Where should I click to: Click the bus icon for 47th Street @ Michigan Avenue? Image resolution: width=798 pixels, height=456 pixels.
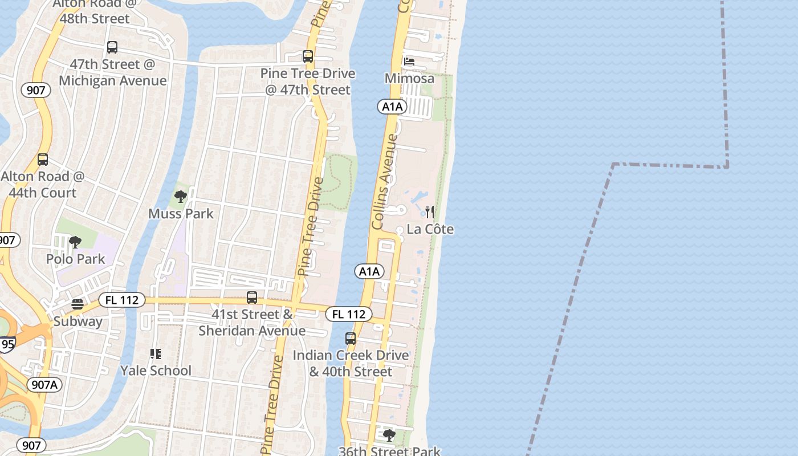click(112, 47)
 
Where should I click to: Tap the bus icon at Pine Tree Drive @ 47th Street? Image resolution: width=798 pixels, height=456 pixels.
click(308, 56)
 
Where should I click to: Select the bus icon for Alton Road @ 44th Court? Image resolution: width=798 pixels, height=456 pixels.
click(43, 160)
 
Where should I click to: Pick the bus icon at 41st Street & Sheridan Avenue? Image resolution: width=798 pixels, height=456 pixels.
click(251, 298)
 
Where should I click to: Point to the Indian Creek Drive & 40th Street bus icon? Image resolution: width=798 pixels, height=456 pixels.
click(351, 339)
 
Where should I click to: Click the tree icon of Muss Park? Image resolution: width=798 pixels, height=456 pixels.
click(181, 197)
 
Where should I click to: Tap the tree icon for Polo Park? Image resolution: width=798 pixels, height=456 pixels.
click(75, 243)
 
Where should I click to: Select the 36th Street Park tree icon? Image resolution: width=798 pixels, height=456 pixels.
click(389, 436)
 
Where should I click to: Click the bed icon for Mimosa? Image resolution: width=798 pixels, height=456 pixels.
click(409, 62)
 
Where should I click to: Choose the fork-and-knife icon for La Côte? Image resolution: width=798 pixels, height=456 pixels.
click(430, 213)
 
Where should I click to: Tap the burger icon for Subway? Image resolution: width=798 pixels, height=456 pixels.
click(78, 305)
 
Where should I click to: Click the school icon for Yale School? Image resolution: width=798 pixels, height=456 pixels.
click(156, 354)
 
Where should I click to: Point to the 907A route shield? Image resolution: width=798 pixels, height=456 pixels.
click(45, 385)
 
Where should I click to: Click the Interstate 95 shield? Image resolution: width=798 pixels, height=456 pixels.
click(7, 344)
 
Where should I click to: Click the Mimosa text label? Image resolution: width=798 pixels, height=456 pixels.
click(409, 79)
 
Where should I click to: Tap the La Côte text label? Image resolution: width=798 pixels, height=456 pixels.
click(430, 230)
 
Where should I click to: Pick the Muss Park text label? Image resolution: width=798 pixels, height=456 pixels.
click(181, 214)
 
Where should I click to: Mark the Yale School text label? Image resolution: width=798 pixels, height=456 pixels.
click(156, 371)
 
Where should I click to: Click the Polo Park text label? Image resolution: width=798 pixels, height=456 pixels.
click(75, 259)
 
